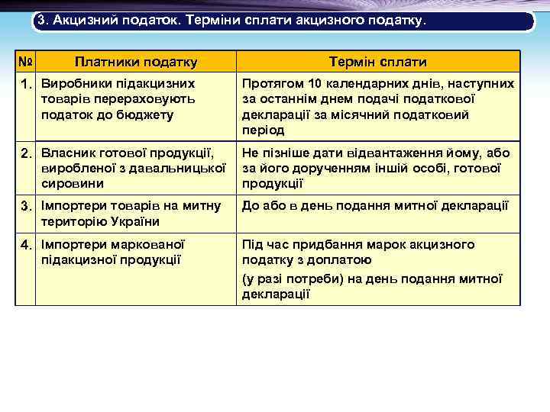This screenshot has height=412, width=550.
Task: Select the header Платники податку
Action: [136, 62]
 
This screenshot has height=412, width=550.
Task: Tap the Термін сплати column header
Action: [377, 62]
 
